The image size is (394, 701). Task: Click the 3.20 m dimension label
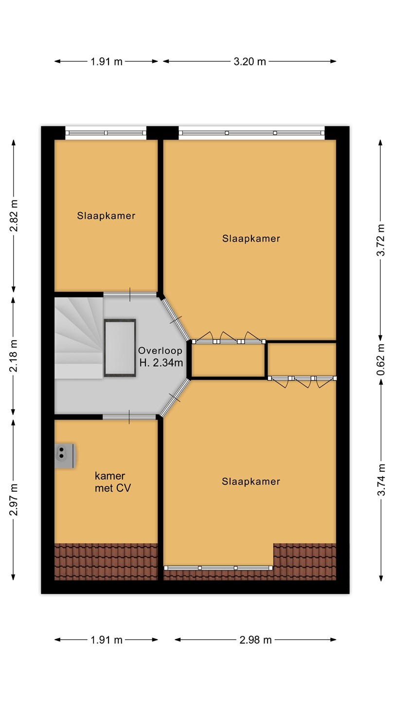coord(250,62)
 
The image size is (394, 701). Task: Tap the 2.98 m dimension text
coord(255,640)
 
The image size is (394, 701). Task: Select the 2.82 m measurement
coord(14,216)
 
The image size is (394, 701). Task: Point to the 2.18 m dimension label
coord(14,356)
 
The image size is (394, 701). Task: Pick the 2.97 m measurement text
coord(14,500)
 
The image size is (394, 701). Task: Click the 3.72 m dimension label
coord(380,240)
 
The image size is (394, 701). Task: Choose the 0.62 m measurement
coord(380,360)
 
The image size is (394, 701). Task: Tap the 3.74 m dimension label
coord(380,480)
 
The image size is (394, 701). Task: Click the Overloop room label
coord(160,350)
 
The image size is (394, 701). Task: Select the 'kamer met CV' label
coord(113,482)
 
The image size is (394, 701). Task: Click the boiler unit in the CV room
coord(65,456)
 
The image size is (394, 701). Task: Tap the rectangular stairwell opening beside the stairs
coord(120,348)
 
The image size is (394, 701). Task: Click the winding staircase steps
coord(79,338)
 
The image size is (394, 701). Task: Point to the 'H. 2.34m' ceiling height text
coord(161,363)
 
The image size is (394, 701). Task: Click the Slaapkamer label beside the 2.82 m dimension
coord(107,216)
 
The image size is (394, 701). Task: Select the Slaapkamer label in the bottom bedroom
coord(251,481)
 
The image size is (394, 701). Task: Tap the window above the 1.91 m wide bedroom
coord(106,133)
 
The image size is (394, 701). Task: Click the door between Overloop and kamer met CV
coord(129,417)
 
